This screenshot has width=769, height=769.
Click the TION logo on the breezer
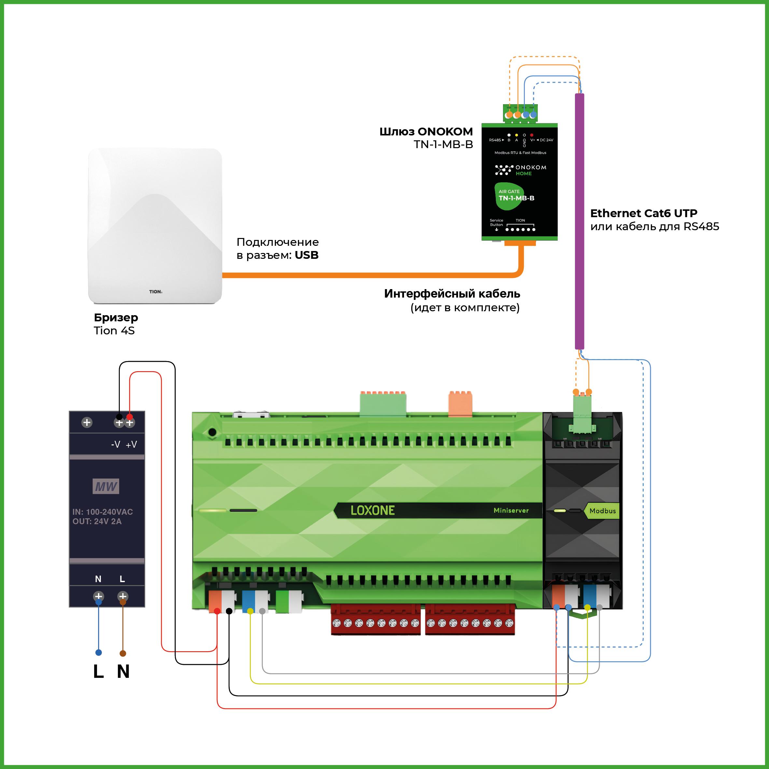point(155,292)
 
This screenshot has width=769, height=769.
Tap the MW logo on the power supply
point(106,486)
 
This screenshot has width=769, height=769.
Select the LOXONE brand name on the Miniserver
point(372,510)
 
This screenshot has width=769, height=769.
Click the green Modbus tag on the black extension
point(602,511)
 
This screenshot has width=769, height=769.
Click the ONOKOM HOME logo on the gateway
point(521,170)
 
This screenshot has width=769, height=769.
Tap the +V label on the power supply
point(131,445)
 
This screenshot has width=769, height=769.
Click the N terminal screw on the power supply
point(99,596)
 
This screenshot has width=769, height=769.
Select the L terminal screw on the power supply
point(123,596)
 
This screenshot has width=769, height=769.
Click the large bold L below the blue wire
point(98,671)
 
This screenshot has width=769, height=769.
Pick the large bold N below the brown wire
point(123,671)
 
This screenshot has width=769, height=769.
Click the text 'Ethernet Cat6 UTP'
point(644,213)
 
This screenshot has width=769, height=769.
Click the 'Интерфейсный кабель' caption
point(452,294)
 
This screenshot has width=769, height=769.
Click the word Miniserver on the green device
point(511,510)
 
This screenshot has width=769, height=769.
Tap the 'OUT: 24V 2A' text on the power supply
point(97,522)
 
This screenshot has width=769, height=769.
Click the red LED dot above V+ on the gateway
point(532,135)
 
